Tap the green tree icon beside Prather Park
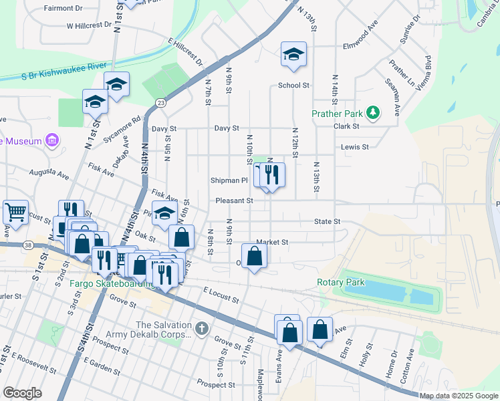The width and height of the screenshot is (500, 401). coord(372,113)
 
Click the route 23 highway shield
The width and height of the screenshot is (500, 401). coord(160,102)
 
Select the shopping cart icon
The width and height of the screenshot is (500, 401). coord(15,212)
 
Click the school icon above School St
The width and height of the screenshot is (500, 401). coord(293,54)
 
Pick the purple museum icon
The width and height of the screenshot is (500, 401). coord(51,140)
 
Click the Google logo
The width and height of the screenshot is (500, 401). coord(23,393)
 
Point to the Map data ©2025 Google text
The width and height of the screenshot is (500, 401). coord(458,396)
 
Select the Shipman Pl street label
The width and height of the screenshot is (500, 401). coord(229,180)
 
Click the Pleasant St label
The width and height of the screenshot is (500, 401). coord(234,200)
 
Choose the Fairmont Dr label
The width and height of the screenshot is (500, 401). coord(63,9)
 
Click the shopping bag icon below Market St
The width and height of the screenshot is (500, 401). coord(254,255)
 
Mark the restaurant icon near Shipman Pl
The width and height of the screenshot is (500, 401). coord(272,175)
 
